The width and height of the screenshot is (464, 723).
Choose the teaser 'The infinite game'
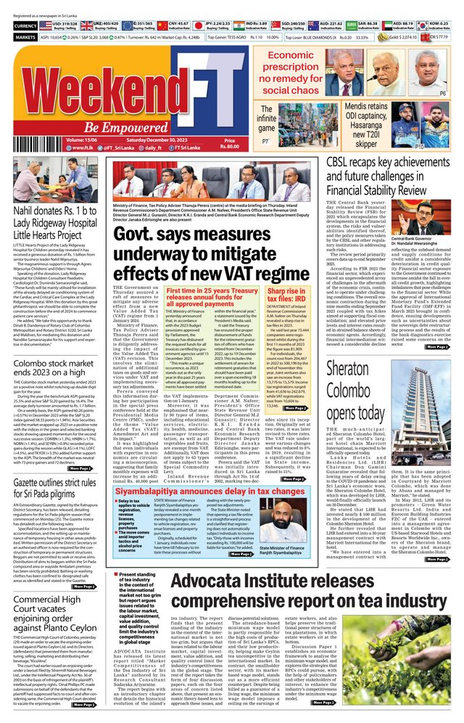tap(266, 118)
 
